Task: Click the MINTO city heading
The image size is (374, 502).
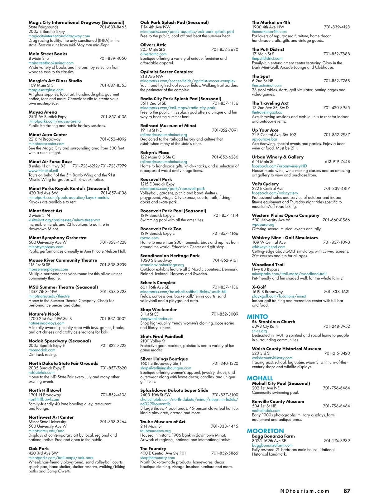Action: point(257,317)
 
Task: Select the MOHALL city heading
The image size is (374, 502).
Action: point(260,378)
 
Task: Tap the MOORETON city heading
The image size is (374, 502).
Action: point(265,431)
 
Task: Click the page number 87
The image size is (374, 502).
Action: point(347,491)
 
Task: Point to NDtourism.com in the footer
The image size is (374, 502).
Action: point(304,491)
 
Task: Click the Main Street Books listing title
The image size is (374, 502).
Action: point(48,54)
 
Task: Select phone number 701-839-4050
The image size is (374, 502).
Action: point(113,59)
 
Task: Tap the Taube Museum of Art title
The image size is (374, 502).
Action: point(163,422)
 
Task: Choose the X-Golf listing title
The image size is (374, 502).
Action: point(259,287)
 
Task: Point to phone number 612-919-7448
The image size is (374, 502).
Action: point(337,162)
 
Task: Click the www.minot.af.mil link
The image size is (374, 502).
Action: point(43,171)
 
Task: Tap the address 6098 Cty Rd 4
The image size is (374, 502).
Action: point(265,326)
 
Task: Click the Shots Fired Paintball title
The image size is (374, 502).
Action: point(161,336)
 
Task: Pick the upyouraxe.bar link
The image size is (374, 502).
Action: point(264,139)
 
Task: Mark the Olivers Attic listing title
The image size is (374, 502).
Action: point(153,45)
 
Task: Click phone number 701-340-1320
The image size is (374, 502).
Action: point(225,364)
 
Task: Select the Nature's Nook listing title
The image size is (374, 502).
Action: point(44,314)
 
